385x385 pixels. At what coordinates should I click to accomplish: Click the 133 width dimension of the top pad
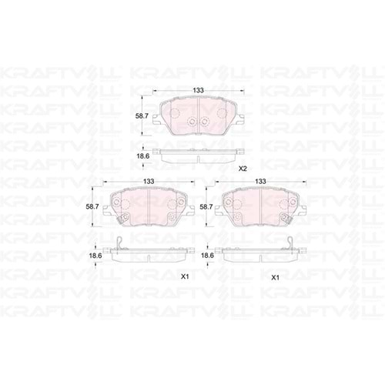click(x=198, y=91)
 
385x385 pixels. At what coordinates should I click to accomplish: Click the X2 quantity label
click(x=242, y=168)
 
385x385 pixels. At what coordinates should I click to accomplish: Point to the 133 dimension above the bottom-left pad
click(x=147, y=182)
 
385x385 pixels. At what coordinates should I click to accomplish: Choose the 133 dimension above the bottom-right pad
click(x=261, y=182)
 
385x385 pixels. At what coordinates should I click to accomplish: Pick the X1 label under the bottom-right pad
click(x=276, y=276)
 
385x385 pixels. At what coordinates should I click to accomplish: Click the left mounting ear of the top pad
click(x=156, y=120)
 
